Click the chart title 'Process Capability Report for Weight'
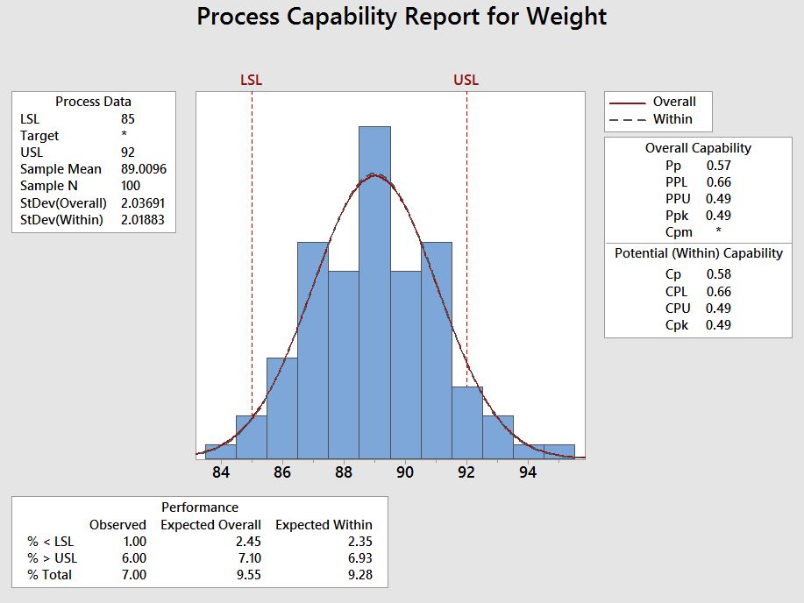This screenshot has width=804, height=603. pyautogui.click(x=402, y=17)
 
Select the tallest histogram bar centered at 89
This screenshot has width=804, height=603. pyautogui.click(x=374, y=289)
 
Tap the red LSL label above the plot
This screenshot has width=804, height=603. pyautogui.click(x=251, y=81)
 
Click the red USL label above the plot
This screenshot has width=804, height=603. pyautogui.click(x=466, y=81)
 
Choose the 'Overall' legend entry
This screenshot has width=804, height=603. pyautogui.click(x=674, y=102)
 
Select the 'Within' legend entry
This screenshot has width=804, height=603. pyautogui.click(x=672, y=119)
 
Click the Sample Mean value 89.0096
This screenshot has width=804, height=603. pyautogui.click(x=143, y=169)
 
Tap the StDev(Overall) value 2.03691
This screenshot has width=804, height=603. pyautogui.click(x=143, y=202)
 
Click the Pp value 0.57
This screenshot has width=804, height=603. pyautogui.click(x=718, y=165)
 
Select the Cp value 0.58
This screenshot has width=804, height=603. pyautogui.click(x=718, y=274)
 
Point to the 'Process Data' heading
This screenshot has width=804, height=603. pyautogui.click(x=93, y=102)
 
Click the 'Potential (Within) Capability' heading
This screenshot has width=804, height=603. pyautogui.click(x=698, y=253)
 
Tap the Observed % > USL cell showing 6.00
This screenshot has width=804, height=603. pyautogui.click(x=133, y=558)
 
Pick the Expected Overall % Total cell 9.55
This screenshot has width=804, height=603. pyautogui.click(x=248, y=575)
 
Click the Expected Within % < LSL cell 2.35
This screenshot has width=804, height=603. pyautogui.click(x=359, y=542)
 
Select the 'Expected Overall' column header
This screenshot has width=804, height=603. pyautogui.click(x=210, y=525)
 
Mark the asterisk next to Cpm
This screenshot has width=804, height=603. pyautogui.click(x=718, y=232)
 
